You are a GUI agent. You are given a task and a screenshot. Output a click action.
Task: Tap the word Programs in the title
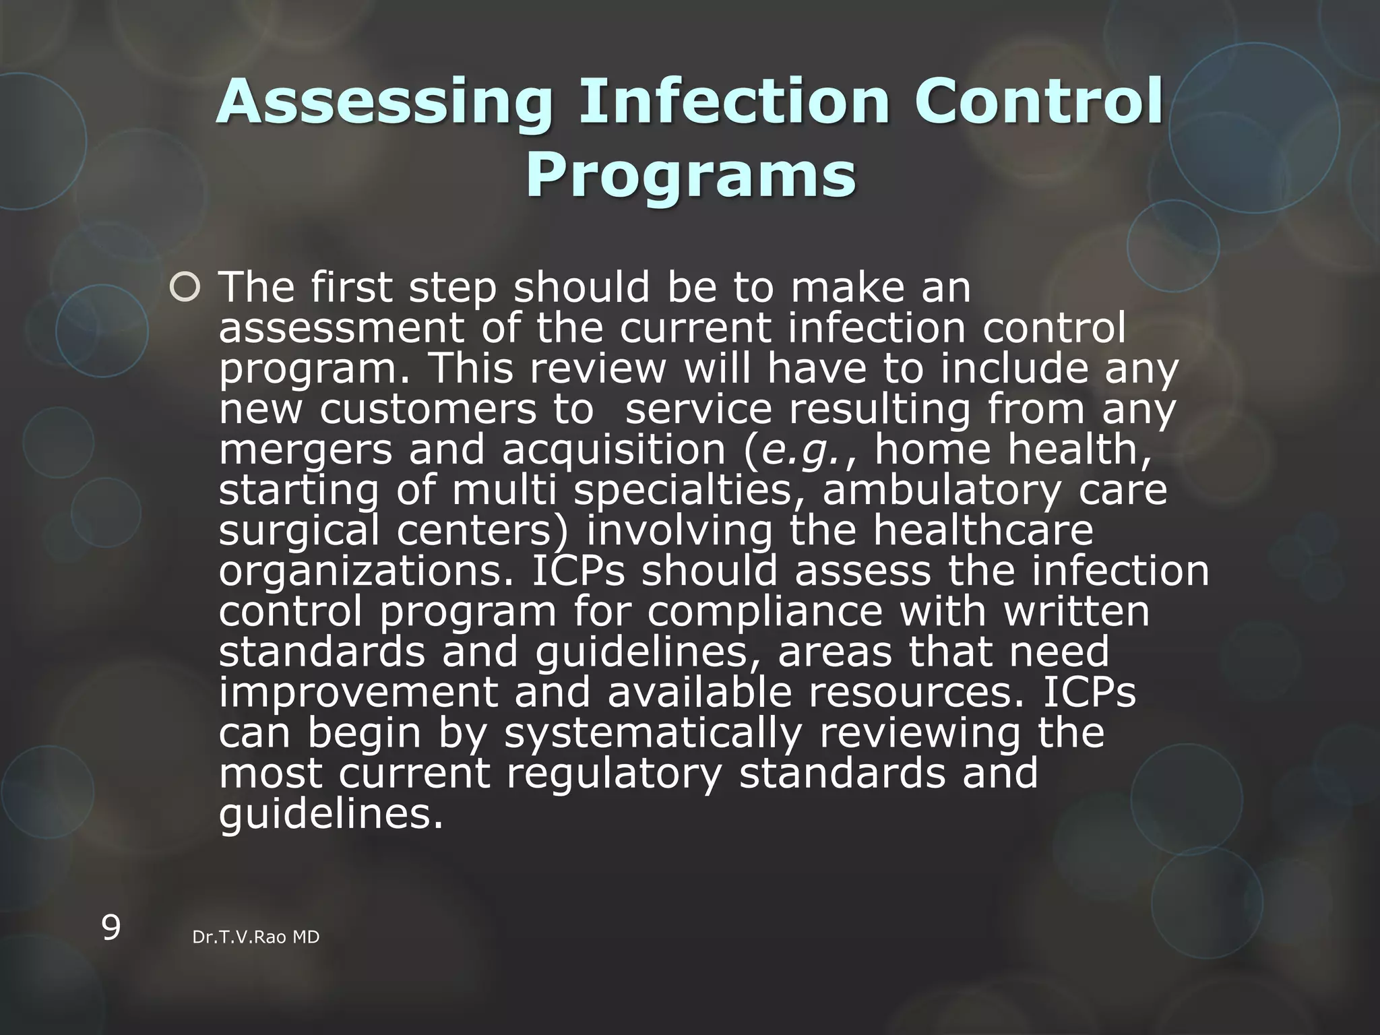coord(691,177)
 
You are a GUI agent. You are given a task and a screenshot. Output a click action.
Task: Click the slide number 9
coord(111,928)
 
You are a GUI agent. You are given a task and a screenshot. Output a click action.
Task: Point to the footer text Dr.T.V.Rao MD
coord(256,937)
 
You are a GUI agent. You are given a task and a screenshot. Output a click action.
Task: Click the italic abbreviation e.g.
coord(801,450)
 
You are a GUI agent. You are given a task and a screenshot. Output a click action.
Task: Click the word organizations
coord(367,571)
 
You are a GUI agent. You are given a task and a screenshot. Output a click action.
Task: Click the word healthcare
coord(983,531)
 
